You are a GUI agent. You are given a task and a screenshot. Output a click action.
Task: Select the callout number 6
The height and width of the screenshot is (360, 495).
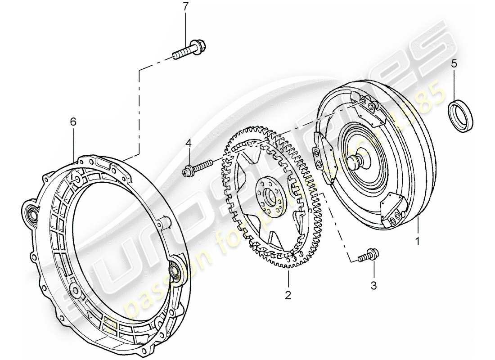pyautogui.click(x=73, y=121)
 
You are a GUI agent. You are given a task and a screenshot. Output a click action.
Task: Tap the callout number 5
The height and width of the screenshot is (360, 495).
pyautogui.click(x=454, y=63)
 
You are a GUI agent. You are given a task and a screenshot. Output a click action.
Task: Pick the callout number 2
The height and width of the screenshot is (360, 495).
pyautogui.click(x=288, y=295)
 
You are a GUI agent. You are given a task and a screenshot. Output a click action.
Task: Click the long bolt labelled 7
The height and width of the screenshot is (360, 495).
pyautogui.click(x=188, y=49)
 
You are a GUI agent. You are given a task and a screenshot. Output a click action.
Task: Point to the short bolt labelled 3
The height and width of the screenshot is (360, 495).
pyautogui.click(x=368, y=256)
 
